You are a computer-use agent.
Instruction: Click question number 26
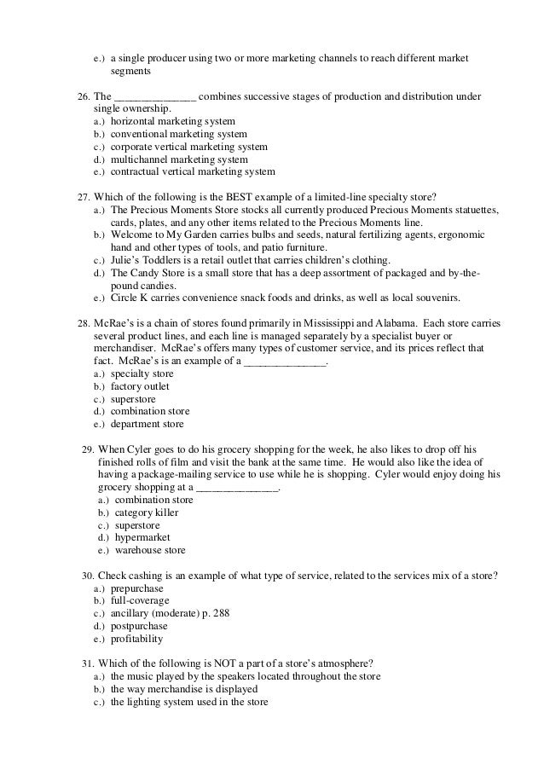pyautogui.click(x=84, y=96)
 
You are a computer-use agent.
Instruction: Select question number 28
pyautogui.click(x=83, y=323)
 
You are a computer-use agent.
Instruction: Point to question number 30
pyautogui.click(x=87, y=576)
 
